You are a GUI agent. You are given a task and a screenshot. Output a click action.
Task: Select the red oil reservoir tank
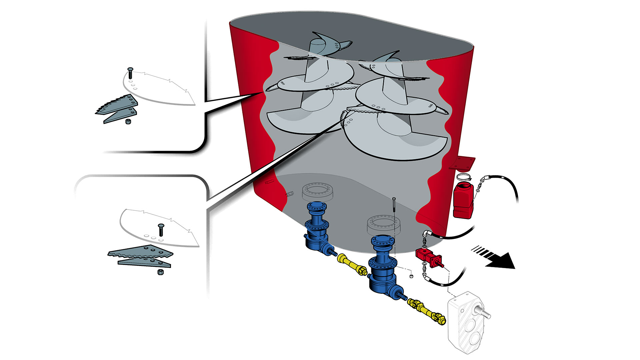click(x=463, y=200)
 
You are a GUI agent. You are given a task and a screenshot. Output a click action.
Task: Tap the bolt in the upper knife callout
click(x=130, y=73)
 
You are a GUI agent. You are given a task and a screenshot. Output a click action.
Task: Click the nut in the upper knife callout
click(x=128, y=121)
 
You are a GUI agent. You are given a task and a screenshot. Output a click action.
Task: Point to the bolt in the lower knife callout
click(x=161, y=230)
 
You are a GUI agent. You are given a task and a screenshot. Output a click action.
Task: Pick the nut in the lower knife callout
click(x=160, y=272)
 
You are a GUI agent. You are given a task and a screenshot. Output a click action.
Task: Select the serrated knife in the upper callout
click(x=117, y=104)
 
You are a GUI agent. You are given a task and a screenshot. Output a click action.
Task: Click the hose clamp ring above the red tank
click(x=464, y=178)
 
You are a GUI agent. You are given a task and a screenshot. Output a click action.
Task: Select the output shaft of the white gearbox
click(x=485, y=313)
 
